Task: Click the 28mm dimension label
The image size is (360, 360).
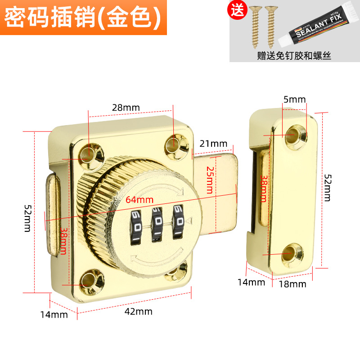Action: pos(126,108)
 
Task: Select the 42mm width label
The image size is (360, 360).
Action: pos(139,311)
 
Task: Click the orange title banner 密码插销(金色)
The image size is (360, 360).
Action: pos(83,17)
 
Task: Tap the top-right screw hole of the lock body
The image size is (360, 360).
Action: pos(173,143)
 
